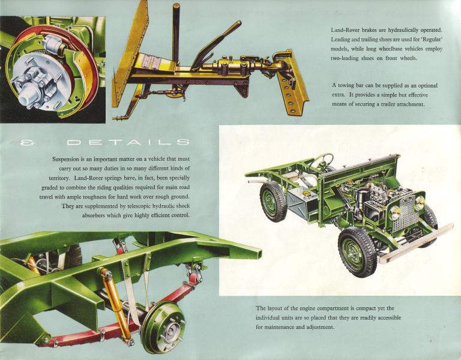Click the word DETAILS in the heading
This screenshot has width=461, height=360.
128,143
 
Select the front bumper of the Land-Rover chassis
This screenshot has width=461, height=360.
416,243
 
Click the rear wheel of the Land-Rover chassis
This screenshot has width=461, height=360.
273,201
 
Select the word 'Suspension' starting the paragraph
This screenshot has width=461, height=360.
66,160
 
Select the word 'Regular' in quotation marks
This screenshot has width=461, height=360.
432,40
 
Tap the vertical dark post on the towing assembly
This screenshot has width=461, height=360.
176,32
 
